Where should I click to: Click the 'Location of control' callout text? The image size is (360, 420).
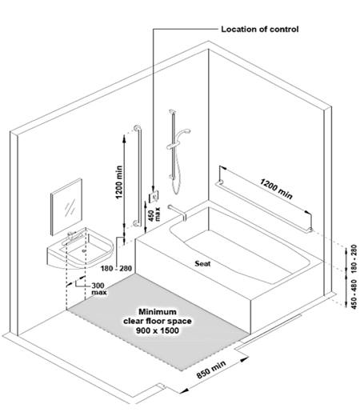coord(259,29)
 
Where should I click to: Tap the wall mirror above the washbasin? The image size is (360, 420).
coord(66,206)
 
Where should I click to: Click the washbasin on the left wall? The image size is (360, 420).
coord(80,249)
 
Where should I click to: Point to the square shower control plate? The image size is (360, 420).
coord(154,197)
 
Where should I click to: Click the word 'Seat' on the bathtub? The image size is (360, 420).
coord(202,263)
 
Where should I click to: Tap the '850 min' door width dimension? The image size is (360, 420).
coord(212,370)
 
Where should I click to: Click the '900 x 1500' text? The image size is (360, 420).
coord(158,330)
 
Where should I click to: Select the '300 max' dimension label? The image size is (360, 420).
coord(99,289)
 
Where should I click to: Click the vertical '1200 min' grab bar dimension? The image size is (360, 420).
coord(119,182)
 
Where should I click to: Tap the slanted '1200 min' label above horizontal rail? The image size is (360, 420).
coord(276,189)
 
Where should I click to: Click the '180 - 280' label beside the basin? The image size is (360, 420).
coord(116,268)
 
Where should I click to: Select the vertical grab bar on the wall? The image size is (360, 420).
coord(138,176)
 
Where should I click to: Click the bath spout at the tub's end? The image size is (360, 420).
coord(178,212)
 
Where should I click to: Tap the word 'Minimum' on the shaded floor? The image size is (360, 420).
coord(158,312)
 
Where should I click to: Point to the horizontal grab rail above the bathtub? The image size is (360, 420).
coord(264,206)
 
